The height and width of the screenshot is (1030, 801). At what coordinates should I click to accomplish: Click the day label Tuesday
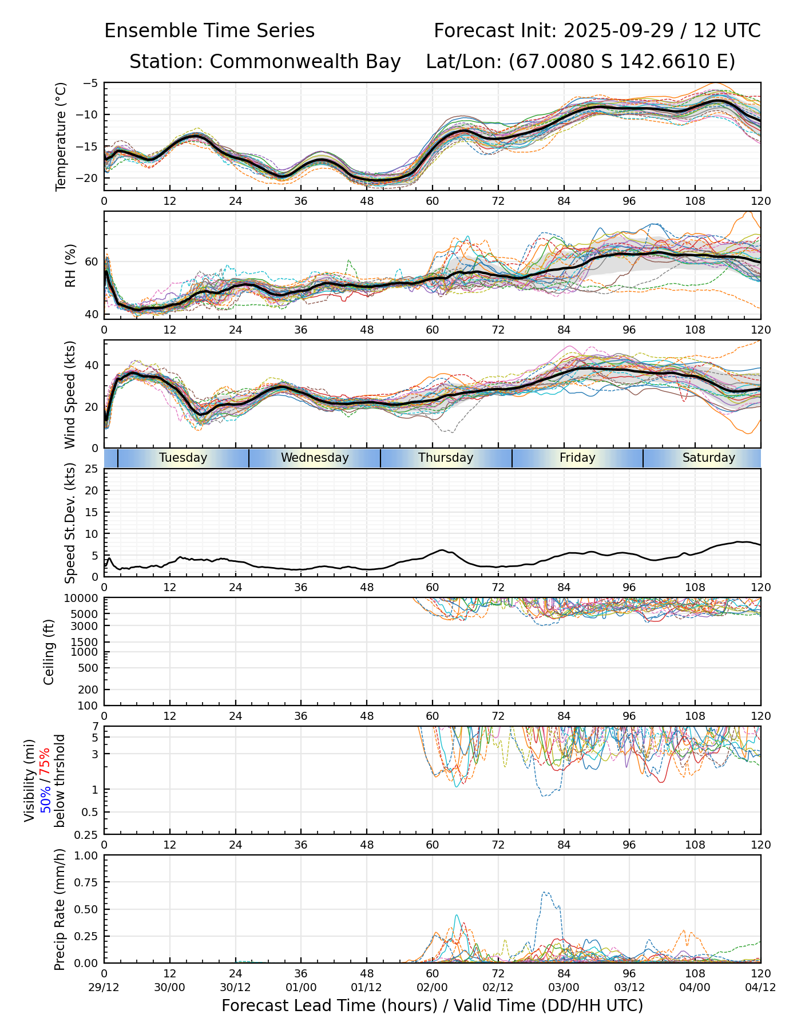183,458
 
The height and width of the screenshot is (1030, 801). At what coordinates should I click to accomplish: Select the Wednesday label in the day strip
315,458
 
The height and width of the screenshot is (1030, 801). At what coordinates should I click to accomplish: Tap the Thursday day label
446,458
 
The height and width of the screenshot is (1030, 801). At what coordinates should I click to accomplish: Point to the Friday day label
577,458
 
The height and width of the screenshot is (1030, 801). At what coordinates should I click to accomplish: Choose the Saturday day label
708,458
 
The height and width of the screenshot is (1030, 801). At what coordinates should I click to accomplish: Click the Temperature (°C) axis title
61,136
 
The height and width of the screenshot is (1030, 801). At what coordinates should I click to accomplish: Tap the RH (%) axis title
70,266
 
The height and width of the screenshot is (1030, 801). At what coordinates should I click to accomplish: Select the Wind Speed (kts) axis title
70,394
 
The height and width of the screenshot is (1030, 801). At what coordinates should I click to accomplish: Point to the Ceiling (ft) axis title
50,652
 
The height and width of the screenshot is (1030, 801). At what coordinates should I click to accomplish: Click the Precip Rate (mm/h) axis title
60,909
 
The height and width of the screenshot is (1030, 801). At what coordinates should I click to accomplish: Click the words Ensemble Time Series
209,31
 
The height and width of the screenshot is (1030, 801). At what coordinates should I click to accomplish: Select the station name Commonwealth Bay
305,62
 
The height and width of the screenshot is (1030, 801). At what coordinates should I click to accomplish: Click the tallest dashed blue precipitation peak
545,892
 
